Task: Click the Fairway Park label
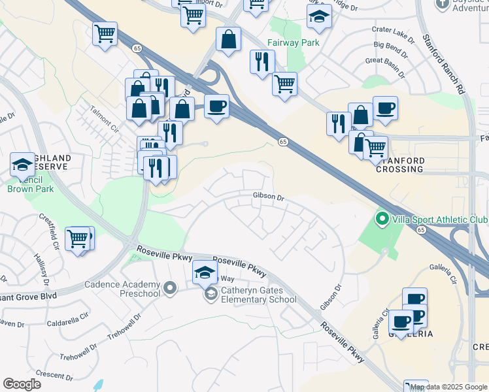[292, 43]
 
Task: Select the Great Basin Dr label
[387, 61]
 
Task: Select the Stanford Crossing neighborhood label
[400, 165]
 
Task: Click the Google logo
[22, 384]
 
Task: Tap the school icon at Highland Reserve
[22, 165]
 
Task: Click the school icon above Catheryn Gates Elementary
[205, 272]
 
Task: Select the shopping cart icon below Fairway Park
[284, 83]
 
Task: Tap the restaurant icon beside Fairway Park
[261, 62]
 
